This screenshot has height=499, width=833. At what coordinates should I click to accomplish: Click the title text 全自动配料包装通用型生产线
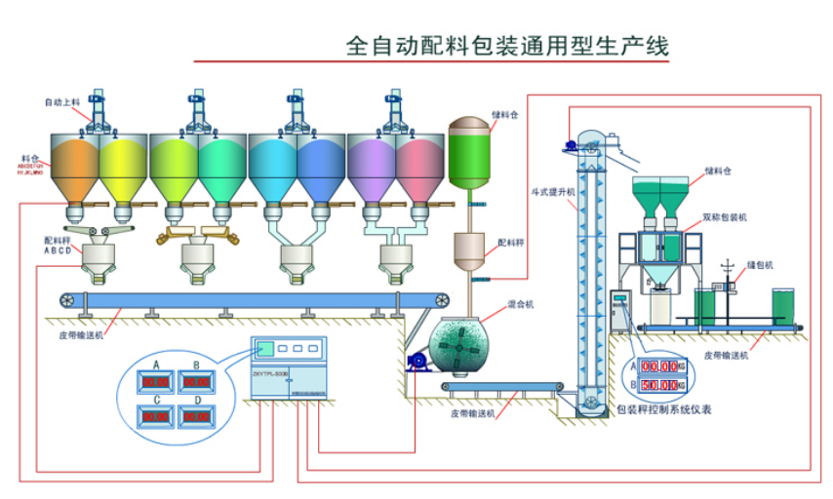pyautogui.click(x=508, y=46)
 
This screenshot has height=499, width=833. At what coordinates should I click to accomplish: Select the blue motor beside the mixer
pyautogui.click(x=418, y=361)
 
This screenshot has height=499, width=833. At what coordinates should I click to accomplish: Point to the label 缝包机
pyautogui.click(x=760, y=264)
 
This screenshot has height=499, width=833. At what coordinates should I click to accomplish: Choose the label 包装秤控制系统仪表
pyautogui.click(x=664, y=409)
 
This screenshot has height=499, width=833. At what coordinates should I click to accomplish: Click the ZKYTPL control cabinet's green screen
pyautogui.click(x=263, y=348)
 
